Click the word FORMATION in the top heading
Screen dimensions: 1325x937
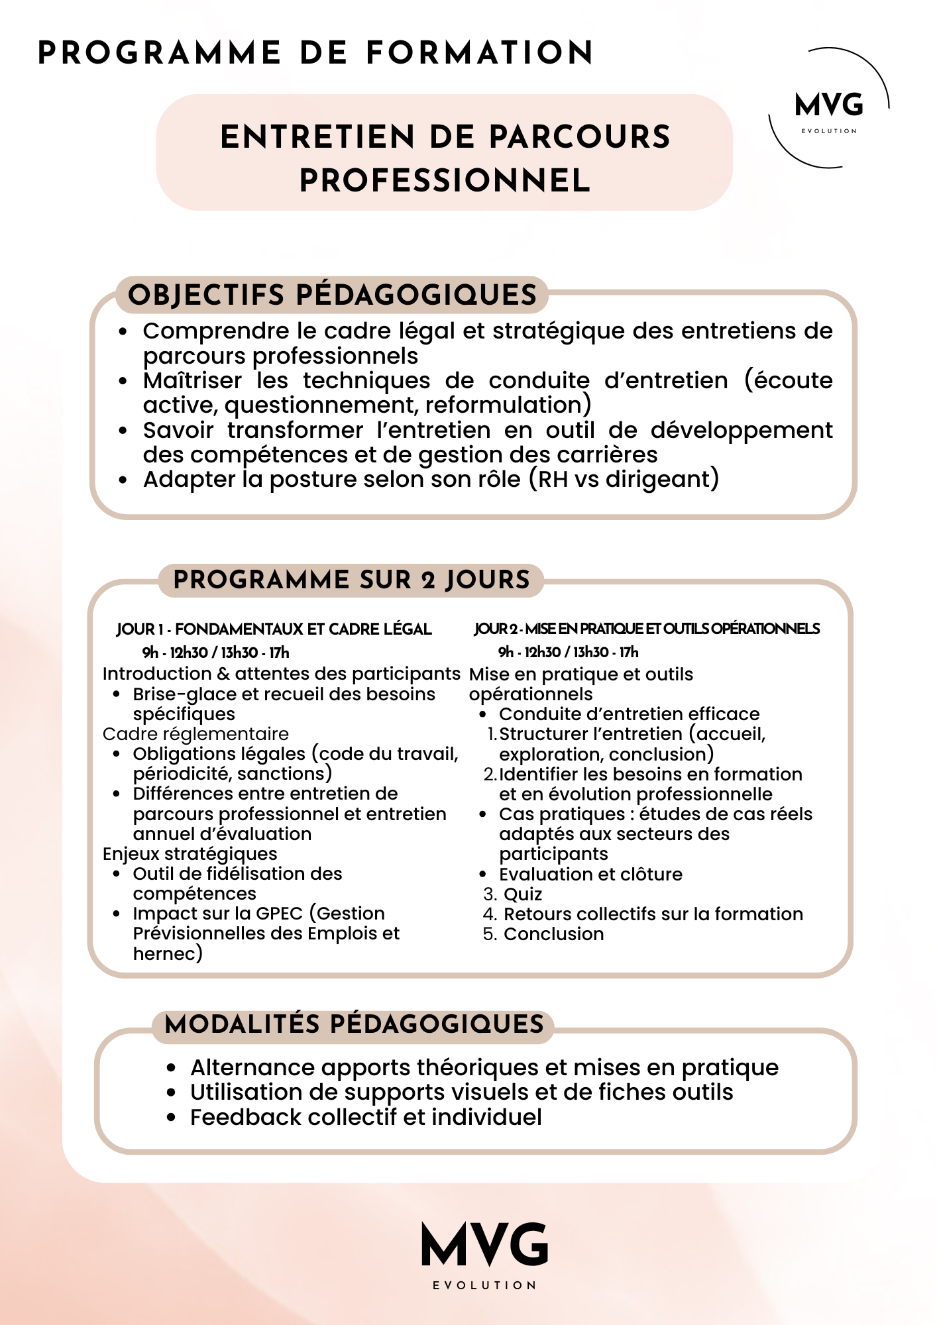(x=480, y=53)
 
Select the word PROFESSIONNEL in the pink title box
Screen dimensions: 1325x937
(x=445, y=181)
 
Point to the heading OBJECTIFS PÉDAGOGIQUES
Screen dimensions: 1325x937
(x=332, y=295)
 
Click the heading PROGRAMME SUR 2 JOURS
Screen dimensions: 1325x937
(x=351, y=580)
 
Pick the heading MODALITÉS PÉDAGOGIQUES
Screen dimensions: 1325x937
(x=354, y=1024)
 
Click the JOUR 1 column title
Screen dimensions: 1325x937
(x=274, y=629)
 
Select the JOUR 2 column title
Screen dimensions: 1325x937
(x=647, y=629)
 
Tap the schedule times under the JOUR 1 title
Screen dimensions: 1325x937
(x=215, y=653)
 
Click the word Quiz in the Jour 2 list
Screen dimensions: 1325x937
(x=523, y=894)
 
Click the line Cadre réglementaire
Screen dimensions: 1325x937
(x=195, y=734)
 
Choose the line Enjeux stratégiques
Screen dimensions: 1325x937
(x=190, y=854)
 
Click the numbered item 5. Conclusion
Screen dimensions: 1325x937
(x=544, y=934)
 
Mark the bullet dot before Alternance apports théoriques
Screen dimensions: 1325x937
(x=172, y=1068)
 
